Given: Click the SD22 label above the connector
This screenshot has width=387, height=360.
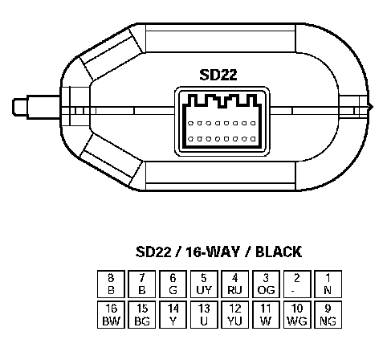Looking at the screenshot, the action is (x=218, y=75).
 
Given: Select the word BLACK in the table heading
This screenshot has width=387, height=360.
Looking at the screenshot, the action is (x=279, y=252).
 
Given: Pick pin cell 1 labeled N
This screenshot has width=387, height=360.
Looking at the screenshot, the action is (x=328, y=284).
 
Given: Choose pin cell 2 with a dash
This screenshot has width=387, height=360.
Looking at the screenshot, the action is (x=297, y=284).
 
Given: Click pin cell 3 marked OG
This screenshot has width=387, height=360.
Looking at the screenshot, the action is (x=266, y=284).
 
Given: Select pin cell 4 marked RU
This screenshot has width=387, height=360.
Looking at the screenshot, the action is (x=235, y=284).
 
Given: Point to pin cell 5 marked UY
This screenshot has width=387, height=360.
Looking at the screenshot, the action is (x=204, y=284).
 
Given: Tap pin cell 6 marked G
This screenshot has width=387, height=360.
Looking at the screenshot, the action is (x=173, y=284).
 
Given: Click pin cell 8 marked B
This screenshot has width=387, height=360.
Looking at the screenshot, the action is (x=111, y=284).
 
